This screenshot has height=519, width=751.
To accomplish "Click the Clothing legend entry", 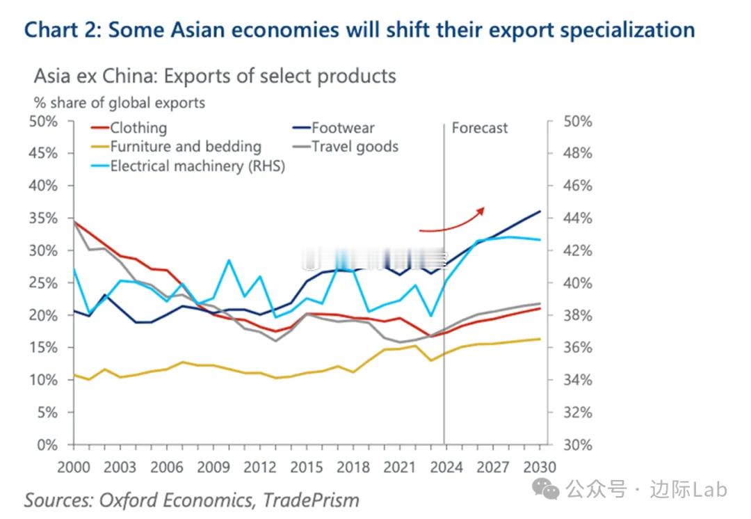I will click(x=138, y=128).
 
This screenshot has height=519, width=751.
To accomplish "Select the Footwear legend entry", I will click(x=342, y=128).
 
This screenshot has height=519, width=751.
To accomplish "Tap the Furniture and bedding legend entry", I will click(x=185, y=147).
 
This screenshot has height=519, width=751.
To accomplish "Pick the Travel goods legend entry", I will click(x=355, y=147).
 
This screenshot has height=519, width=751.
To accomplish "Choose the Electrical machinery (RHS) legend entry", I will click(x=197, y=166).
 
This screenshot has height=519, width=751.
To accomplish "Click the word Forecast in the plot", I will click(x=480, y=128).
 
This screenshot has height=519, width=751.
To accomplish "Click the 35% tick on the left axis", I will click(x=45, y=218).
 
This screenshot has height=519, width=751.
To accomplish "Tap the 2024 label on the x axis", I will click(x=446, y=467).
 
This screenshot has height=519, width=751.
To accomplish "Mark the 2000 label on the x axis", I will click(x=73, y=467).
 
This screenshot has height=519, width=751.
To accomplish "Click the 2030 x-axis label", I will click(x=538, y=467).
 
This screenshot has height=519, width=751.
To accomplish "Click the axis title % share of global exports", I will click(x=120, y=103).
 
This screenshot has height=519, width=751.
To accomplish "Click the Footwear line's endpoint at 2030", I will click(x=540, y=211).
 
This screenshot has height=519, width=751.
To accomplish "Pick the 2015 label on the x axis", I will click(x=307, y=467).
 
